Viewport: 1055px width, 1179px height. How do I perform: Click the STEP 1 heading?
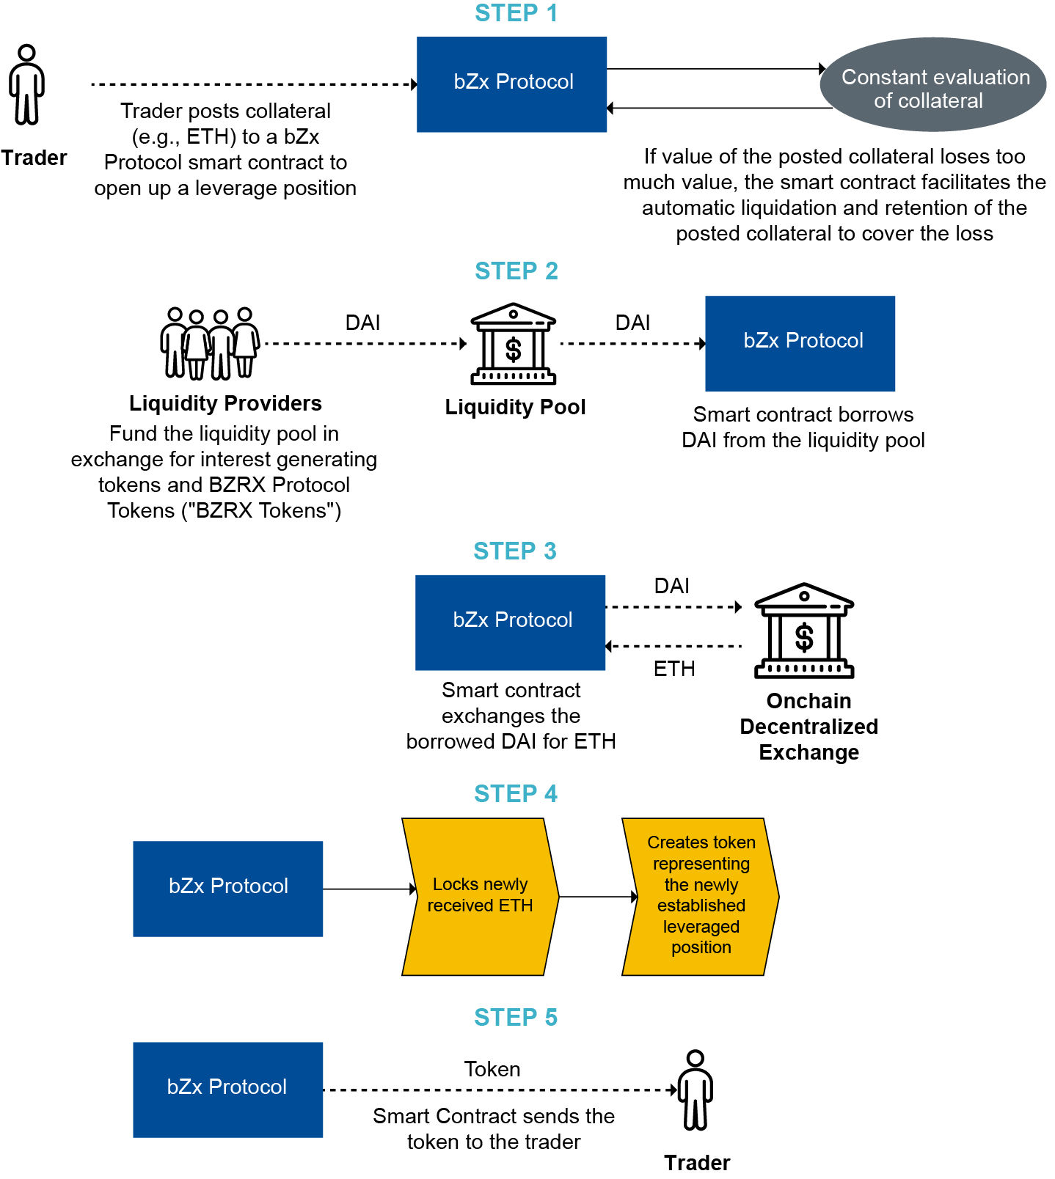click(x=516, y=13)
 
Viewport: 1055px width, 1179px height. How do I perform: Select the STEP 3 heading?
click(x=514, y=551)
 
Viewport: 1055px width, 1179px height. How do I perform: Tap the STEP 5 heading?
click(x=515, y=1017)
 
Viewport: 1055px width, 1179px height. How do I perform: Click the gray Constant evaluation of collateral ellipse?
click(x=932, y=85)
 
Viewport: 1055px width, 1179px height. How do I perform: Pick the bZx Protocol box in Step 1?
click(x=511, y=84)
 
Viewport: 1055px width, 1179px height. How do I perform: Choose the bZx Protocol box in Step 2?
click(x=800, y=343)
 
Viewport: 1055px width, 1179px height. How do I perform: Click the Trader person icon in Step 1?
click(x=27, y=85)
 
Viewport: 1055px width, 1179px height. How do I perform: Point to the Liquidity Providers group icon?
click(x=210, y=343)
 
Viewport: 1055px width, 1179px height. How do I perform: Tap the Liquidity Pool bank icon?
click(x=513, y=344)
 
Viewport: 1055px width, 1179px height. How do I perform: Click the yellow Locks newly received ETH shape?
click(x=480, y=896)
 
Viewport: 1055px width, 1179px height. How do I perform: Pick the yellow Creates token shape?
click(x=700, y=896)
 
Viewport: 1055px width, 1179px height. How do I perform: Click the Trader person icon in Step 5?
click(x=695, y=1090)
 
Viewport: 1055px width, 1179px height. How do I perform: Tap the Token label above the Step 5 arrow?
click(x=492, y=1069)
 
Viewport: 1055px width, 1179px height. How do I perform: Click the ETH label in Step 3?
click(x=673, y=669)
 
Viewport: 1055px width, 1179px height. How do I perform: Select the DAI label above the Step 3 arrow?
click(x=671, y=586)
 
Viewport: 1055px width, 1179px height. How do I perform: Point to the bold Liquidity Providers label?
click(x=225, y=403)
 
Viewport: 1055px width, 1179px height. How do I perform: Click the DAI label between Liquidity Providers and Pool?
click(x=362, y=323)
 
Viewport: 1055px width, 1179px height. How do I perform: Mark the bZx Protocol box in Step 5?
click(x=227, y=1090)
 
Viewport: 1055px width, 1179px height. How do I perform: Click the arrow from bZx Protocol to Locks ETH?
click(x=369, y=889)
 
